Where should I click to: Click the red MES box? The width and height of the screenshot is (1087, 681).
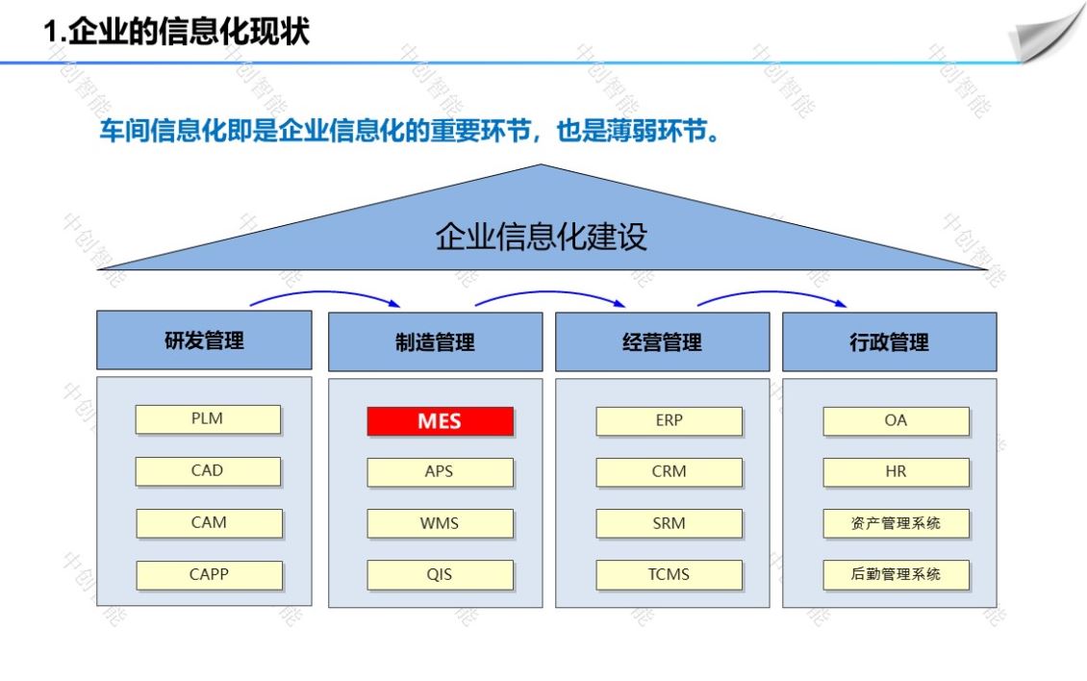click(x=441, y=421)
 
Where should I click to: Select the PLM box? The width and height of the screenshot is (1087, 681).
click(x=208, y=419)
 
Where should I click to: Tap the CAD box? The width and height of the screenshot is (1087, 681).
click(x=208, y=471)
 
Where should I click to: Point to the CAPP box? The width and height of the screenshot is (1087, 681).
click(x=210, y=575)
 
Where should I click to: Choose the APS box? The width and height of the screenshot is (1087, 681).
click(x=441, y=472)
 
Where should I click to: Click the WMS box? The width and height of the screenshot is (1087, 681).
click(x=441, y=523)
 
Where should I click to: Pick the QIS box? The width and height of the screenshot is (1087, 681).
click(x=441, y=575)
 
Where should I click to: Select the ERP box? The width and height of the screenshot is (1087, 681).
click(x=669, y=421)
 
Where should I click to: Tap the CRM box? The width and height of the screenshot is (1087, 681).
click(x=669, y=472)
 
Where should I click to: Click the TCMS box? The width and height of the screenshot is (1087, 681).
click(x=669, y=575)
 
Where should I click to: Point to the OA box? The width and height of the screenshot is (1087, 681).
click(x=897, y=421)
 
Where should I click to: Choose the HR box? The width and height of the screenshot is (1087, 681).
click(x=897, y=472)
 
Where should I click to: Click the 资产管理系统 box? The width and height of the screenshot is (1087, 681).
click(x=897, y=523)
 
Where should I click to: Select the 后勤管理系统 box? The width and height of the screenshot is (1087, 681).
click(x=897, y=575)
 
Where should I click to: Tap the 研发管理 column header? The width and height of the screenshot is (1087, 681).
click(x=205, y=340)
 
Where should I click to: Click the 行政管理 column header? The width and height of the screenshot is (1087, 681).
click(x=890, y=341)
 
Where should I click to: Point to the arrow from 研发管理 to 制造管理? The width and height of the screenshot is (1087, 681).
click(x=324, y=292)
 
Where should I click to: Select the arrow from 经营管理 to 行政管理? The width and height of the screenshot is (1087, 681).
click(x=771, y=292)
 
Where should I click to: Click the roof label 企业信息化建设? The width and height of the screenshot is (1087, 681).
click(x=542, y=237)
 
